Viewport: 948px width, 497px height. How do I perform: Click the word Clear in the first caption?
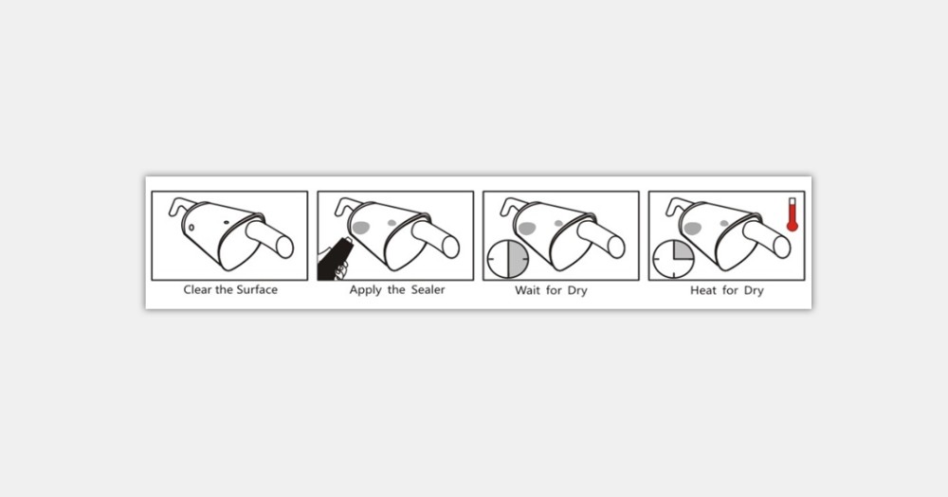(198, 289)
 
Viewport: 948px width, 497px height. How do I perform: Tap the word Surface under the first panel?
(257, 289)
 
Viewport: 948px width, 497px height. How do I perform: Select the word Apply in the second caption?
(365, 290)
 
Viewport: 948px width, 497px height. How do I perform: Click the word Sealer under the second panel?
(428, 289)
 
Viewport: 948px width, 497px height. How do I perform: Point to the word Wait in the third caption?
(527, 290)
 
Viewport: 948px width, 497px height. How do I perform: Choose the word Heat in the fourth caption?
(703, 290)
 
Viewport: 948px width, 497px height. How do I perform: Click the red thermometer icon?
(792, 214)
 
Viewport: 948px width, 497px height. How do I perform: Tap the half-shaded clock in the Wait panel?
(508, 259)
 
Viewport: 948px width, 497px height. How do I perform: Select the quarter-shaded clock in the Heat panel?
(673, 259)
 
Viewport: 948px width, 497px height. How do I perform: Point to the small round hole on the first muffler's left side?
(191, 228)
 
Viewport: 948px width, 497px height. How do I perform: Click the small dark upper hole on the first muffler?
(227, 223)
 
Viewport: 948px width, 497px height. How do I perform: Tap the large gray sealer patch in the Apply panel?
(361, 228)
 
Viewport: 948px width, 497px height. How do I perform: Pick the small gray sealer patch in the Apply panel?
(392, 223)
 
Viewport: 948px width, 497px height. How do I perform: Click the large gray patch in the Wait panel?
(526, 229)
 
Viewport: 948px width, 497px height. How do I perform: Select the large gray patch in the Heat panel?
(692, 229)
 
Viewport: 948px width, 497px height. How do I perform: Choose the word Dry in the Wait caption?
(577, 291)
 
